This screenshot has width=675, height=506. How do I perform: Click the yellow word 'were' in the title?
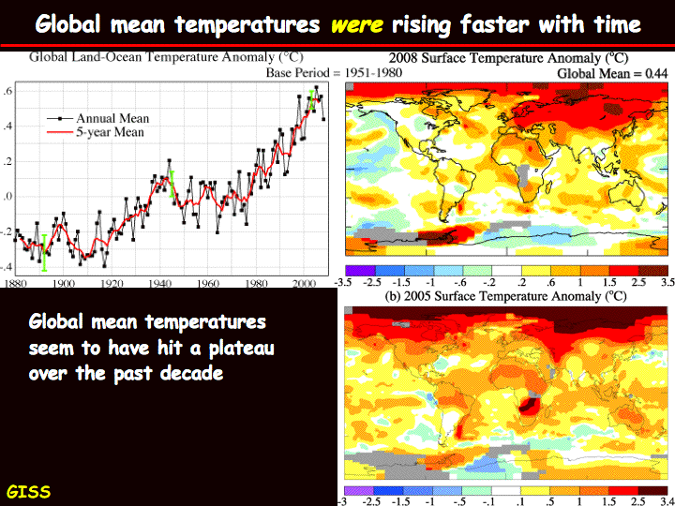(357, 24)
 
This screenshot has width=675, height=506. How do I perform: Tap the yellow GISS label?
(28, 491)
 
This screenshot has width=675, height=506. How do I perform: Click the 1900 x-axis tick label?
(64, 284)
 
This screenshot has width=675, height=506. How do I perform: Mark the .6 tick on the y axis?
(7, 91)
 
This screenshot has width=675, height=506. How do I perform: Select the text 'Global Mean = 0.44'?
(612, 74)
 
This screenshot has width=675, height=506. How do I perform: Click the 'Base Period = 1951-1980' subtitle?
(334, 72)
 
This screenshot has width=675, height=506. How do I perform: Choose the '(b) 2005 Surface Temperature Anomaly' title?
(505, 296)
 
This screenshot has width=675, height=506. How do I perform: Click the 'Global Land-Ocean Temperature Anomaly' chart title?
(166, 57)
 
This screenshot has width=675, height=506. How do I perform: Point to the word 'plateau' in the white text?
(242, 348)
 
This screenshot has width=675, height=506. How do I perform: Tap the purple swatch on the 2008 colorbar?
(360, 271)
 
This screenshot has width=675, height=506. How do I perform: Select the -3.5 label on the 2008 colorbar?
(343, 282)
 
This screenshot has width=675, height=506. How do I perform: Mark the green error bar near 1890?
(44, 253)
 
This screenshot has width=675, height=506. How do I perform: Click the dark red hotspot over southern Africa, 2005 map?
(529, 406)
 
